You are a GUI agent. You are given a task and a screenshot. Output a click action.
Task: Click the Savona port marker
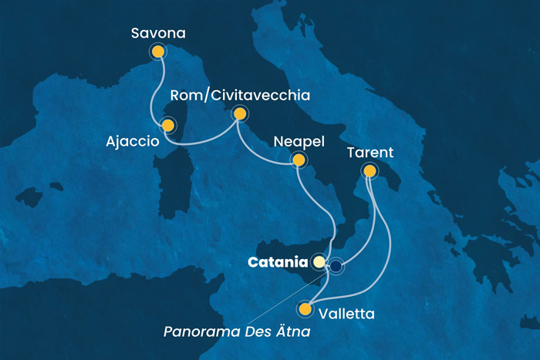(x=158, y=52)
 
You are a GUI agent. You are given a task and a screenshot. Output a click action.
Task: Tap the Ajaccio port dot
(x=167, y=125)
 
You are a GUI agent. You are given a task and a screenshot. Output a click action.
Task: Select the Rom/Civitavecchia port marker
(x=240, y=115)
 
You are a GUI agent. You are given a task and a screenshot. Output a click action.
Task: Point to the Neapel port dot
(x=297, y=160)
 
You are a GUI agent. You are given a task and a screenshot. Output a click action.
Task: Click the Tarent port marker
(x=370, y=171)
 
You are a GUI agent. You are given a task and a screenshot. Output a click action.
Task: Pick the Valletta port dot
(x=306, y=310)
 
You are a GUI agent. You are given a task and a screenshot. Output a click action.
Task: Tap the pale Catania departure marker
(x=319, y=262)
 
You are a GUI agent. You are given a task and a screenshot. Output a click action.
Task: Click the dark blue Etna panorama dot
(x=337, y=267)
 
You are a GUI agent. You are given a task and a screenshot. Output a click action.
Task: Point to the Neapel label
(x=299, y=142)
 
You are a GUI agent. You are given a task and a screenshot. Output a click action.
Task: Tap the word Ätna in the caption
(x=302, y=333)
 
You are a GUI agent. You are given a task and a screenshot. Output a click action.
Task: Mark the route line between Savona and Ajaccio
(x=163, y=89)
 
